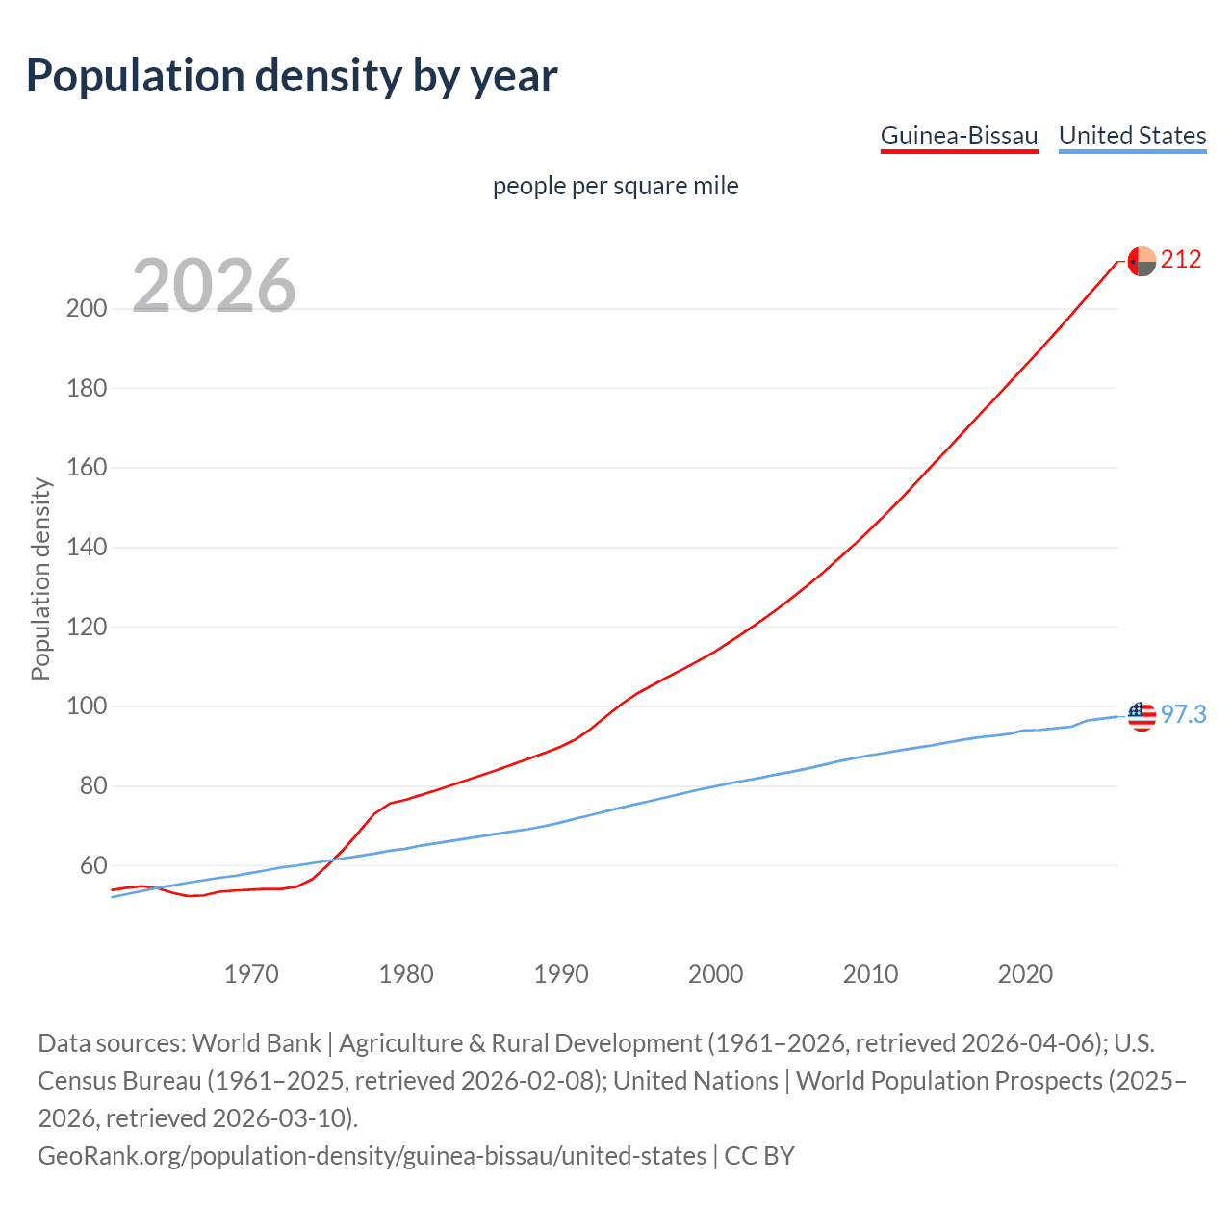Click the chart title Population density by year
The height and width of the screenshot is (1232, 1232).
click(292, 76)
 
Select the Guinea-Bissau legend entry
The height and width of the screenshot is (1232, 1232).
click(959, 136)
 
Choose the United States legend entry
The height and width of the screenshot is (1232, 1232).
click(1132, 136)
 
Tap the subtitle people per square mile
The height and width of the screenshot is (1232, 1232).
click(615, 186)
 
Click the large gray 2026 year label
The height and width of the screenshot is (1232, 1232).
click(214, 286)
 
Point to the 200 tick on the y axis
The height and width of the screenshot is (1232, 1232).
click(86, 309)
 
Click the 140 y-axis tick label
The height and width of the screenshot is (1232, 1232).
click(86, 548)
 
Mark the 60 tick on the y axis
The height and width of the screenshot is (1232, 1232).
click(92, 865)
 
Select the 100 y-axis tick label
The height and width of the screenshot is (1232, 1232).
click(86, 706)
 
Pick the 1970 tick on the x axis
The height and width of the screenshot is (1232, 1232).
click(251, 974)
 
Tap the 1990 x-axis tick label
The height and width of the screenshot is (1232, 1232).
click(561, 974)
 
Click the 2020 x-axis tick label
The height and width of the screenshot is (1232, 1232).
click(1025, 974)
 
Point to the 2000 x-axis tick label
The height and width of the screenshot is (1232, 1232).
click(716, 974)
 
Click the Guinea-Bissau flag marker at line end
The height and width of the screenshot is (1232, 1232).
click(1142, 261)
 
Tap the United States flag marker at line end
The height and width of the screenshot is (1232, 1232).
click(1142, 716)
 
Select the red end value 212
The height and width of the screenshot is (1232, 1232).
click(1181, 259)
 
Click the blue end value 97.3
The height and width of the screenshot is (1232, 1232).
click(1183, 714)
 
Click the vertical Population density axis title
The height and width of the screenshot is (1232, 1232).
click(40, 579)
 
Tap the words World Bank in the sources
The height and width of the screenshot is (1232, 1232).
click(256, 1043)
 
